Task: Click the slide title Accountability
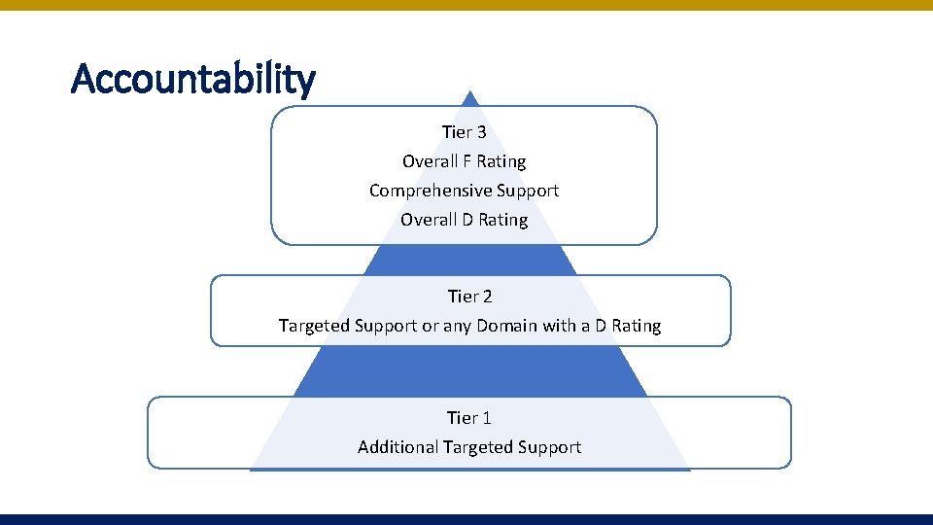point(193,79)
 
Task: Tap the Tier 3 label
point(464,132)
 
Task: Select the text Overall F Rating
point(464,161)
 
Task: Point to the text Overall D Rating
point(464,220)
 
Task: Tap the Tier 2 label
point(469,296)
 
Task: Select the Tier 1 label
point(469,418)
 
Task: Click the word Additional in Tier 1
point(397,447)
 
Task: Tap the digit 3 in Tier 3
point(481,132)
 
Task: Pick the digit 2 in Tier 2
point(487,296)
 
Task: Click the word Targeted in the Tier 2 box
point(315,326)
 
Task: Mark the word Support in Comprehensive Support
point(528,191)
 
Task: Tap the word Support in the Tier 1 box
point(549,447)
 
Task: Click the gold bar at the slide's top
point(466,5)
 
